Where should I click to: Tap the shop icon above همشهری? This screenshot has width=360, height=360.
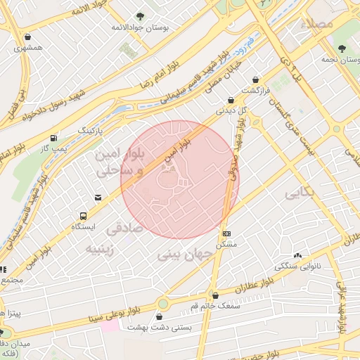point(27,37)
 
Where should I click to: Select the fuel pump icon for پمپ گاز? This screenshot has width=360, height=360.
point(54,138)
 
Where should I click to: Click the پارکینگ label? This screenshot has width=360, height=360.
point(90,131)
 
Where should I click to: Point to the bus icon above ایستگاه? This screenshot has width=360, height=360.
point(84,216)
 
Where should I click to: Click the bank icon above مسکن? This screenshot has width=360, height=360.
point(226,233)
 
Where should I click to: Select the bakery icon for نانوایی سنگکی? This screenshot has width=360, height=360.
point(298,256)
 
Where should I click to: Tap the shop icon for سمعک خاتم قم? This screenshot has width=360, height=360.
point(215,295)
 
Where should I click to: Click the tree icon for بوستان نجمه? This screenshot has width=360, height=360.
point(342,49)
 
